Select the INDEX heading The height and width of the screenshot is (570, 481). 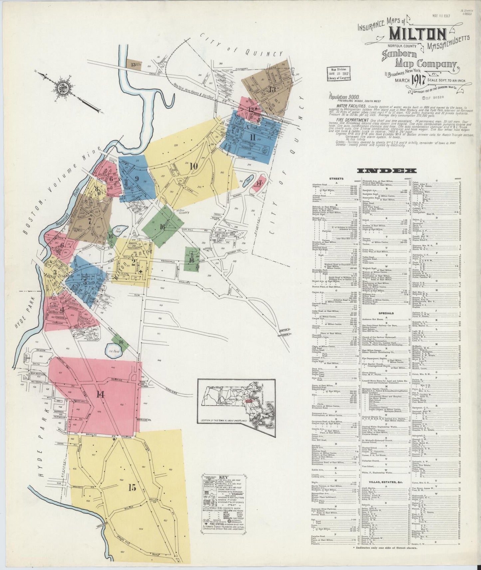pos(386,171)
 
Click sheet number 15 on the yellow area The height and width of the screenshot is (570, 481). pos(132,488)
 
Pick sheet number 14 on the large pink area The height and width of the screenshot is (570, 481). pos(100,394)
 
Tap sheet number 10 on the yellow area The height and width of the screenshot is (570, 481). pos(193,166)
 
